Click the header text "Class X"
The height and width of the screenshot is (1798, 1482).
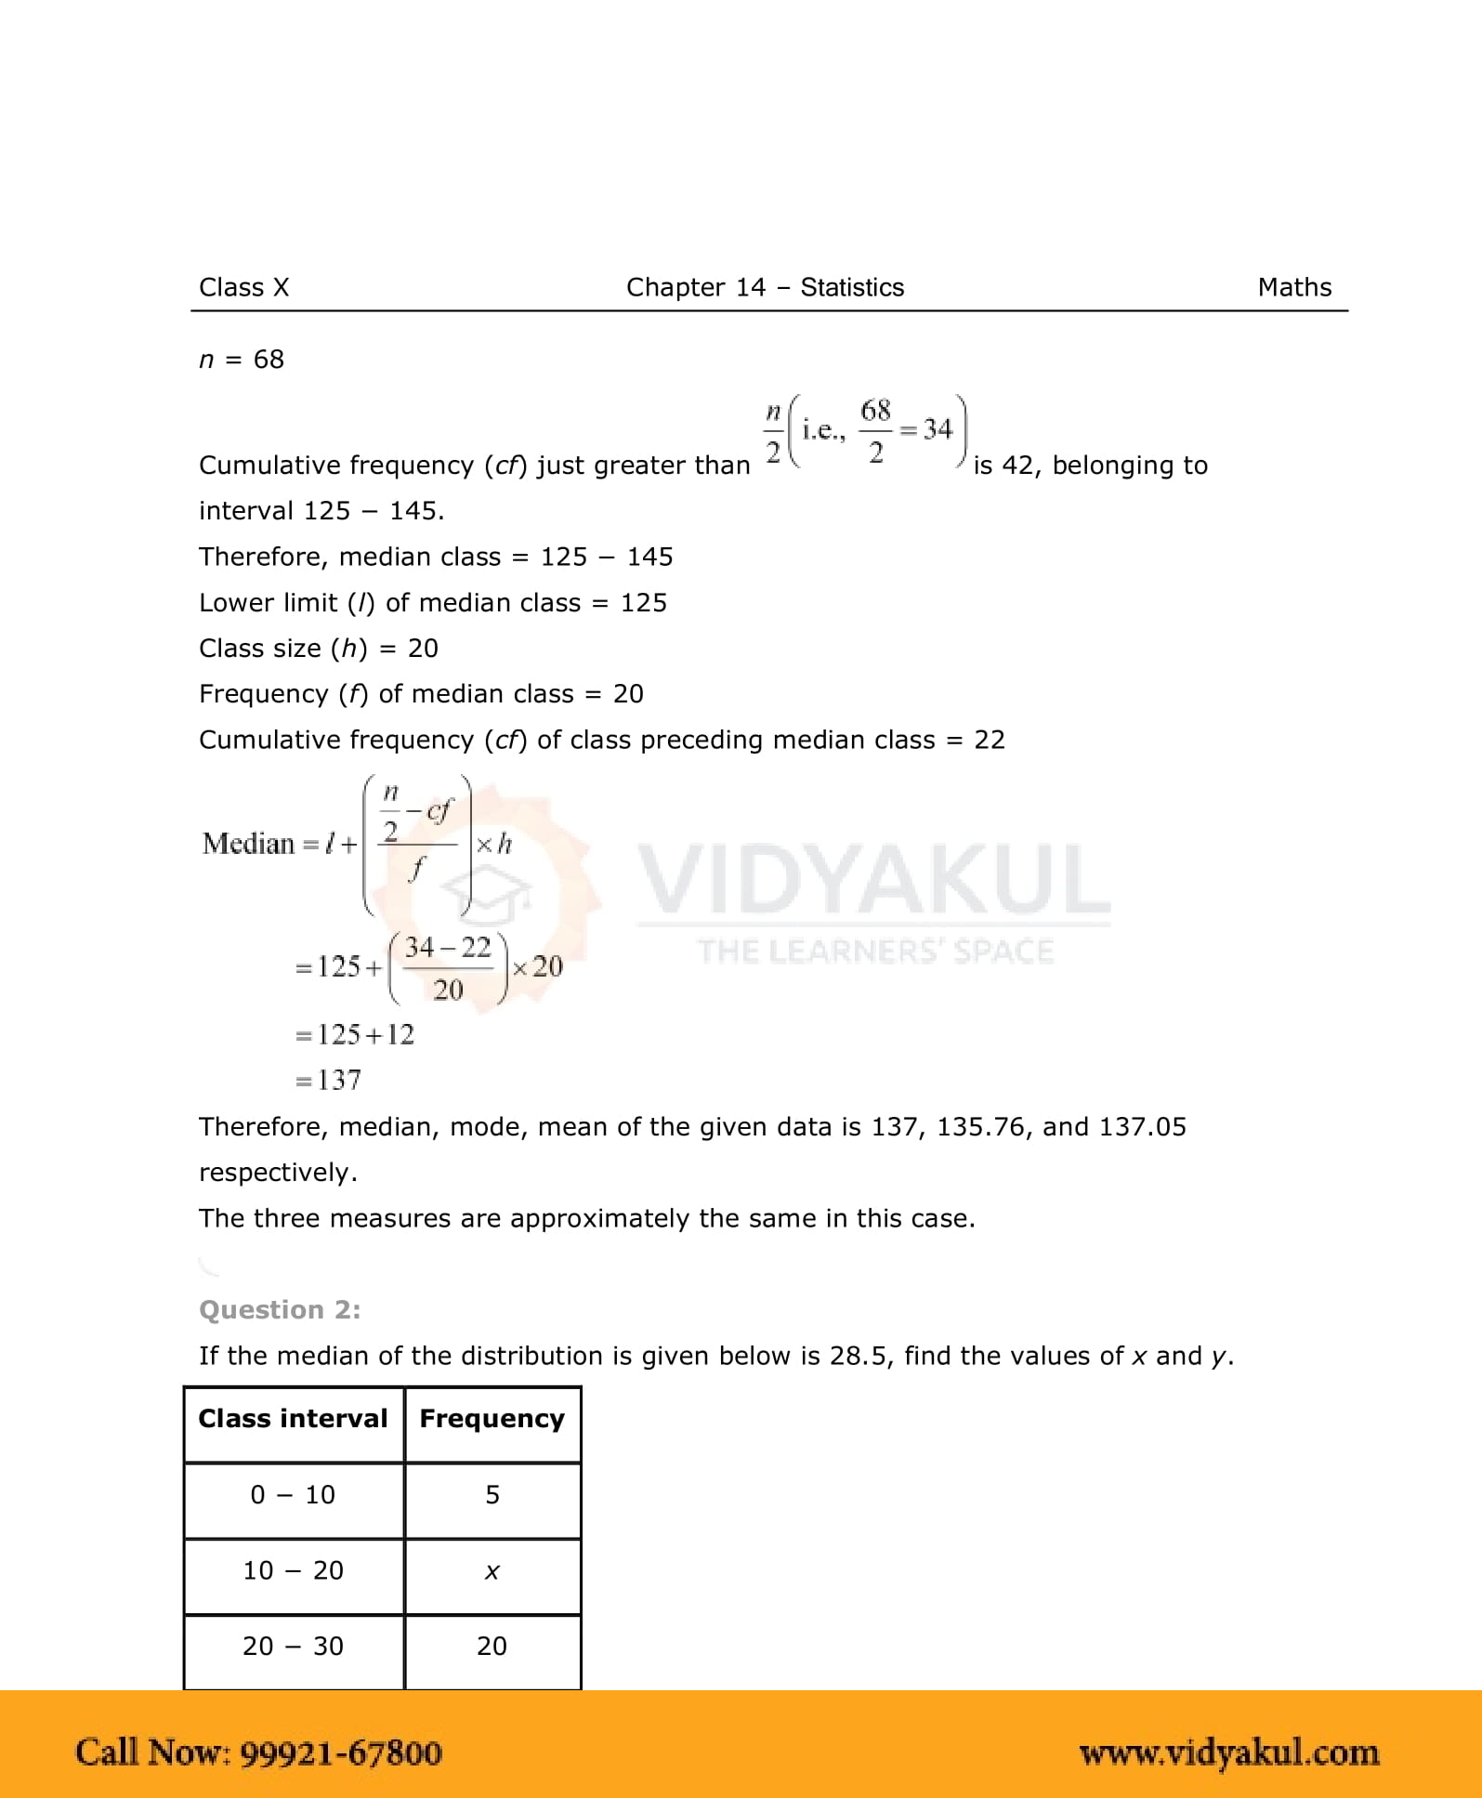[x=243, y=287]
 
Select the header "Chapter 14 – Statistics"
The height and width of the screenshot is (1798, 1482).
[x=765, y=287]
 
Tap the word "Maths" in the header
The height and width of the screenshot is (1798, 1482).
[x=1294, y=287]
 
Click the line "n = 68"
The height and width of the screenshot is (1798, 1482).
[x=242, y=360]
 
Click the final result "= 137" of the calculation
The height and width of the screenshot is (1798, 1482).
[x=328, y=1080]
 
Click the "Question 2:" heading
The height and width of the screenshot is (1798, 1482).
[x=280, y=1309]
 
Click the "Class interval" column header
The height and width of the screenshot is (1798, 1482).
[x=293, y=1419]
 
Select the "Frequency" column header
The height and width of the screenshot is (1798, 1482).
[x=492, y=1419]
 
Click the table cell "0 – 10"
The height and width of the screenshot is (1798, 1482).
[x=293, y=1494]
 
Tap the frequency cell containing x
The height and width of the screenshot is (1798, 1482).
[x=492, y=1571]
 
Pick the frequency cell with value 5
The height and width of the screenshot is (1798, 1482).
[x=492, y=1494]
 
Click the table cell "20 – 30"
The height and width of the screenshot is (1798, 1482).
[x=293, y=1646]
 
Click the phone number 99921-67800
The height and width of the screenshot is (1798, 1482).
[x=340, y=1752]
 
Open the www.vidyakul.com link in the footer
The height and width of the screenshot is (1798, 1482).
[x=1228, y=1752]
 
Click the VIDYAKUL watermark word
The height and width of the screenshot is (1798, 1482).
[x=873, y=880]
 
